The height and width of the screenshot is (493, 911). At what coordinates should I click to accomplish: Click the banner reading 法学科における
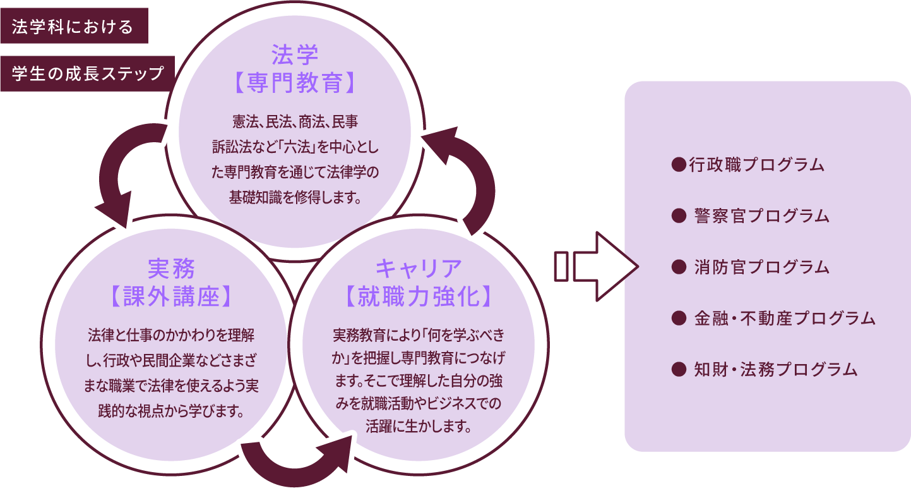[x=73, y=26]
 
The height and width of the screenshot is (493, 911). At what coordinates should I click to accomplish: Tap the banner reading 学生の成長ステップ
[x=87, y=74]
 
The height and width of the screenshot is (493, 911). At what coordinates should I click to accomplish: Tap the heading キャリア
[x=418, y=268]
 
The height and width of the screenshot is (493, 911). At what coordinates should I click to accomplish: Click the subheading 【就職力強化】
[x=418, y=296]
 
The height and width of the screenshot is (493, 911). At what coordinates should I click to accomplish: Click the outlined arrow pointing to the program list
[x=596, y=265]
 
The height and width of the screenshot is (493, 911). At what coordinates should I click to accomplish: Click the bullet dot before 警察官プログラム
[x=679, y=216]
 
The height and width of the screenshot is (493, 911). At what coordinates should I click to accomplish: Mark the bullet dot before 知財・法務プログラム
[x=679, y=368]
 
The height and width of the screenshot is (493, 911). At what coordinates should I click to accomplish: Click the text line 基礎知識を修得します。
[x=294, y=197]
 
